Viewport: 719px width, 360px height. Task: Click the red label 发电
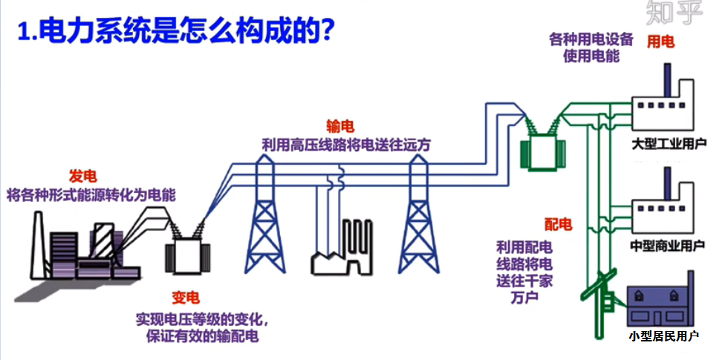pyautogui.click(x=82, y=176)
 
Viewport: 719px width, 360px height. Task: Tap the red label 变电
pyautogui.click(x=186, y=298)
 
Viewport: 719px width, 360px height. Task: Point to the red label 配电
pyautogui.click(x=558, y=224)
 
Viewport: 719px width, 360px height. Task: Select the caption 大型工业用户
pyautogui.click(x=668, y=142)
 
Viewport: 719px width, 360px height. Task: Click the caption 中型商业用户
pyautogui.click(x=667, y=244)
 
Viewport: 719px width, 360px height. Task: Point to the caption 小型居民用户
pyautogui.click(x=663, y=336)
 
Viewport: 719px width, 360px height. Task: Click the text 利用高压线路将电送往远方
pyautogui.click(x=346, y=144)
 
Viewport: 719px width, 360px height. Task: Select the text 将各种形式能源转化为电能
pyautogui.click(x=91, y=195)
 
